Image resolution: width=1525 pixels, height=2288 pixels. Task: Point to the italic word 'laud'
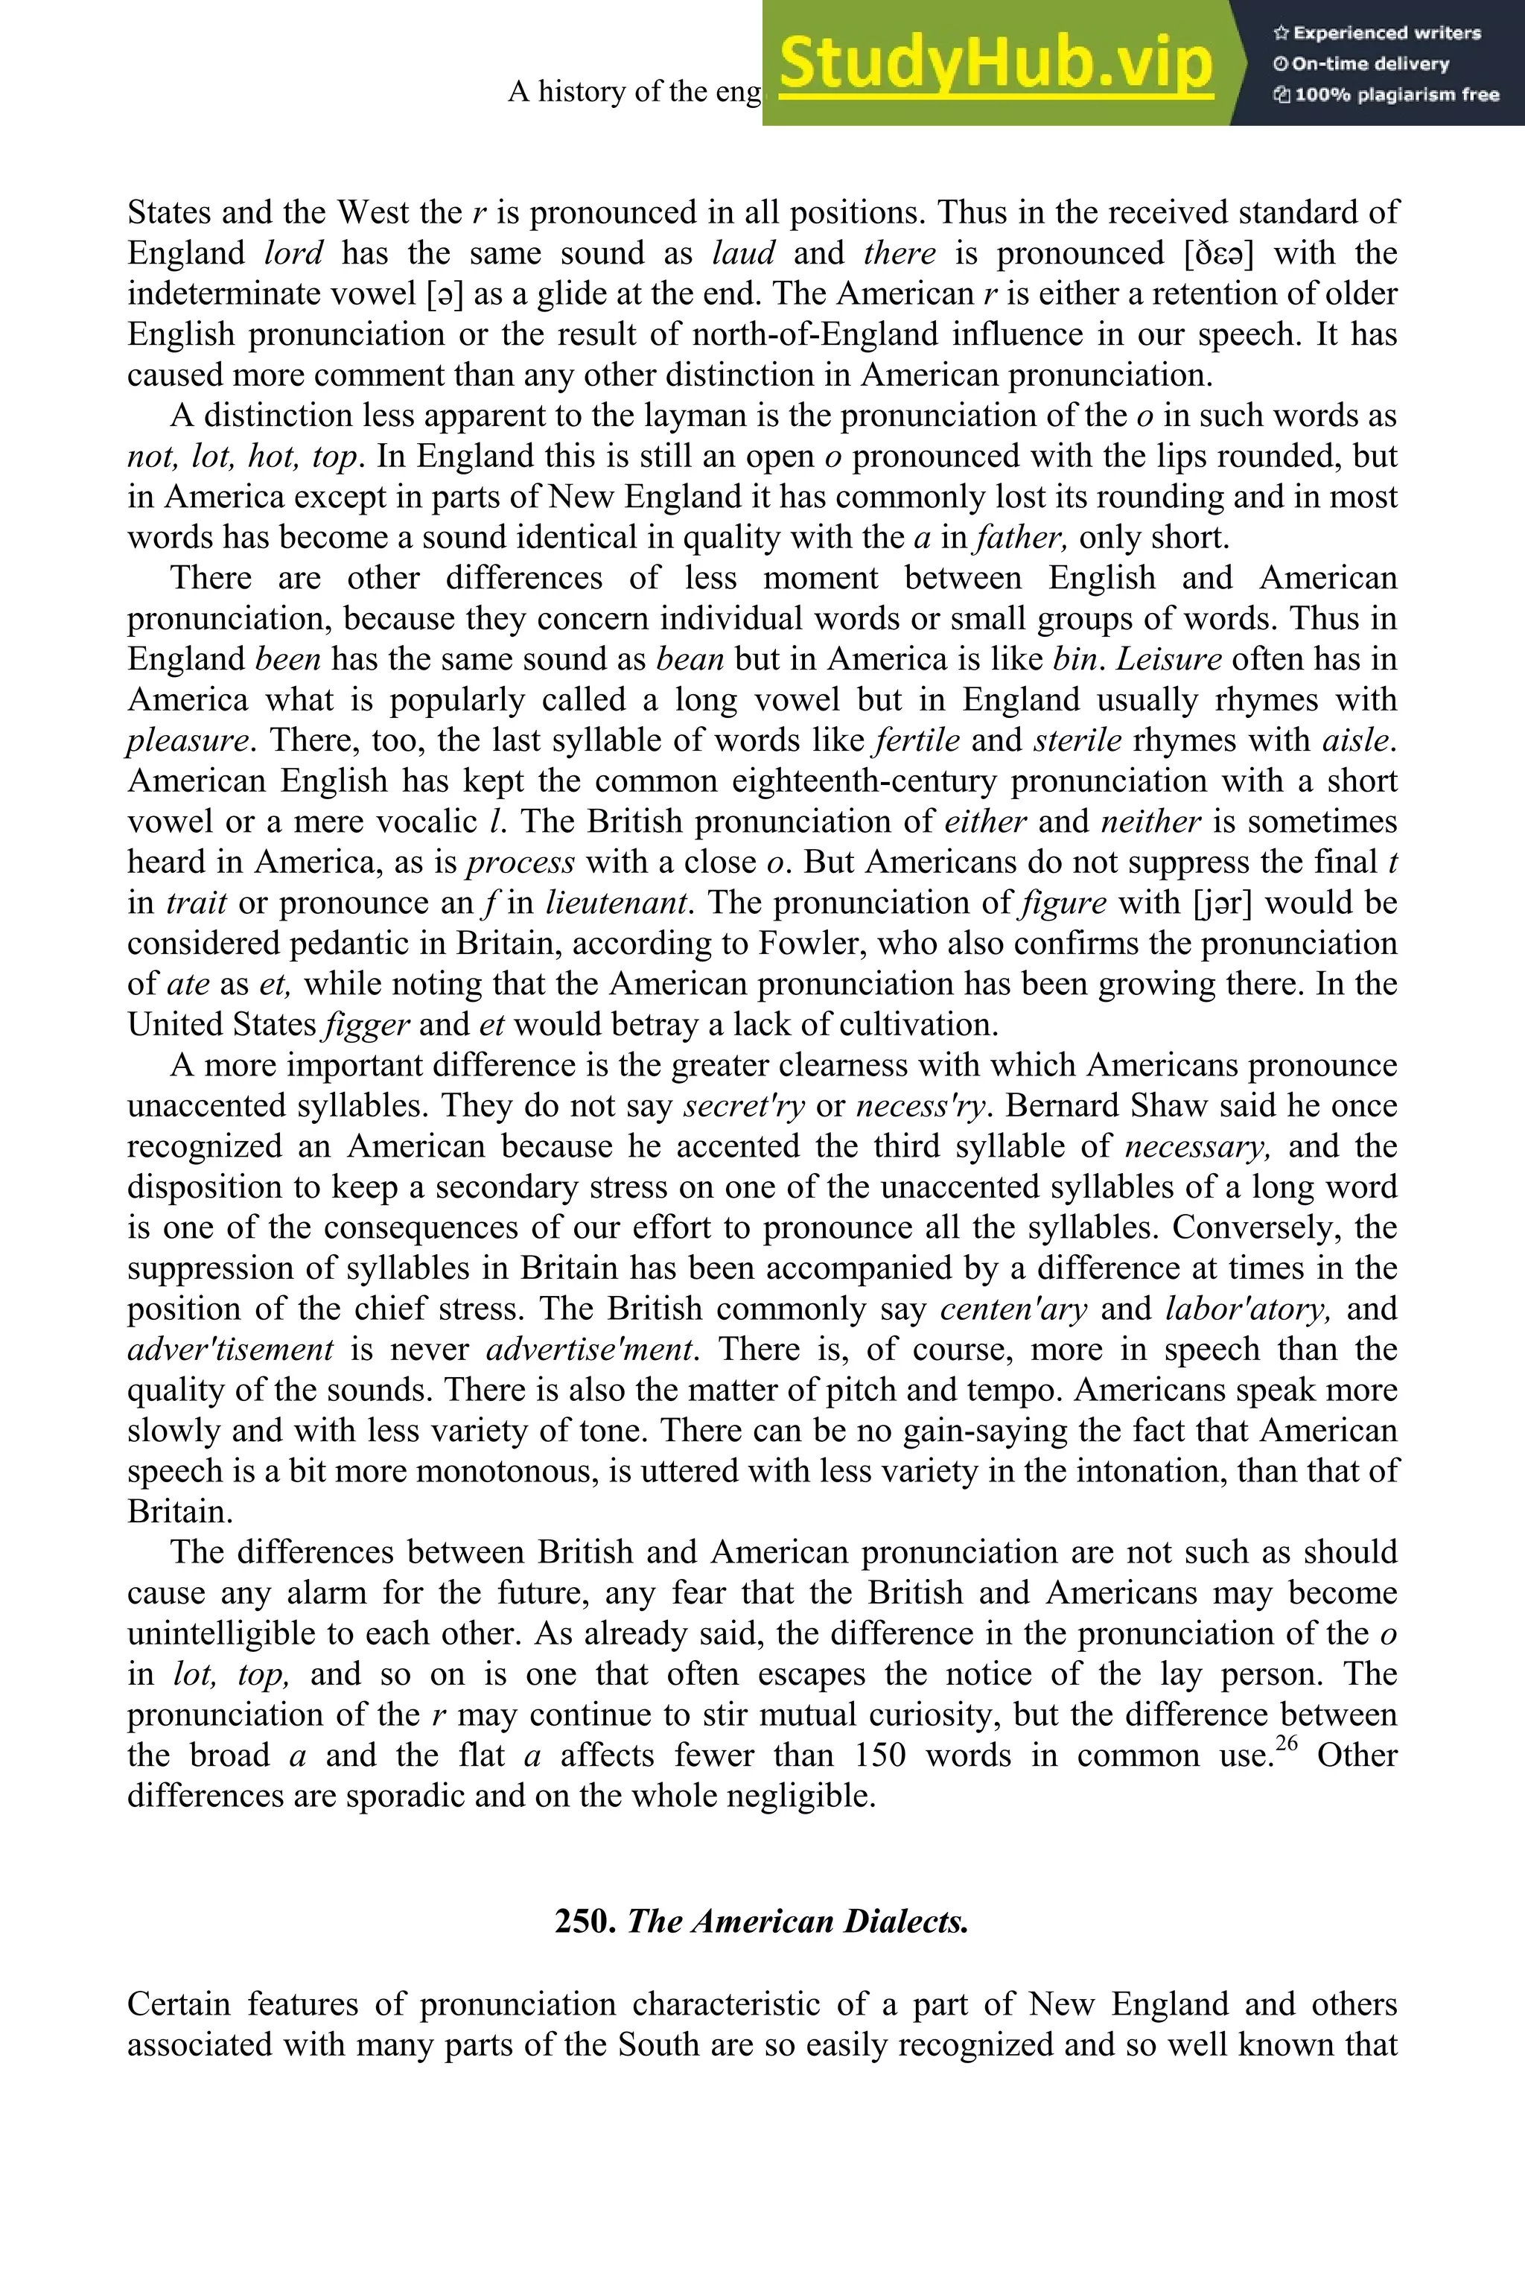coord(743,254)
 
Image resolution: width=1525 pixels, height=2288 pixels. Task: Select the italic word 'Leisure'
coord(1168,660)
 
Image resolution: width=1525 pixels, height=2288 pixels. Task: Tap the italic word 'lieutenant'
coord(617,903)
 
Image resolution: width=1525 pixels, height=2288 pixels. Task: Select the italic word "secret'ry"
coord(744,1106)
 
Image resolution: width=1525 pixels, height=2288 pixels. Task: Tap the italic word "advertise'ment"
coord(590,1350)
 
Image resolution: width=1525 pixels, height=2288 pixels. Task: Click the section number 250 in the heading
coord(585,1922)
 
